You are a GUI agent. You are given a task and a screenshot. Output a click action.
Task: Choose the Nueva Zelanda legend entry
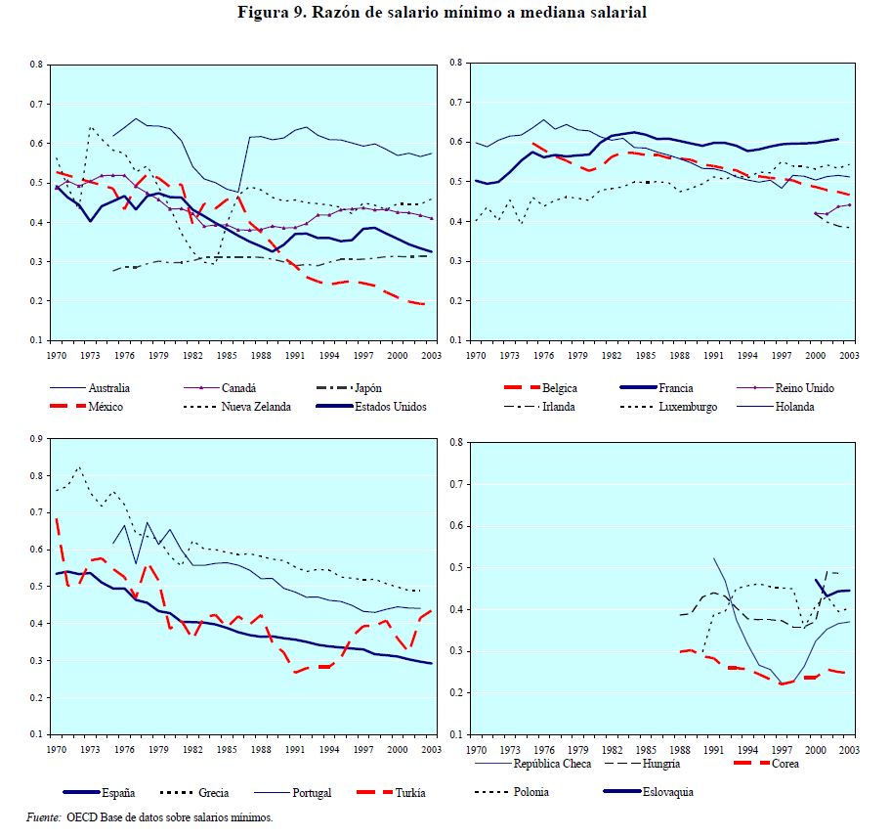point(256,407)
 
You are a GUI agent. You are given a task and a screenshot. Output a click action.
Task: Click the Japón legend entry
point(369,388)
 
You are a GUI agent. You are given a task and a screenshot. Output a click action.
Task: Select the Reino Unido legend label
point(804,388)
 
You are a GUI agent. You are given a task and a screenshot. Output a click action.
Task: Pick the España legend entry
point(119,792)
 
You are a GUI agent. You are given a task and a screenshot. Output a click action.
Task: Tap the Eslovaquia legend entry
point(666,792)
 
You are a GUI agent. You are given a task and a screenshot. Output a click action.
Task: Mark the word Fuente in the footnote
point(42,816)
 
